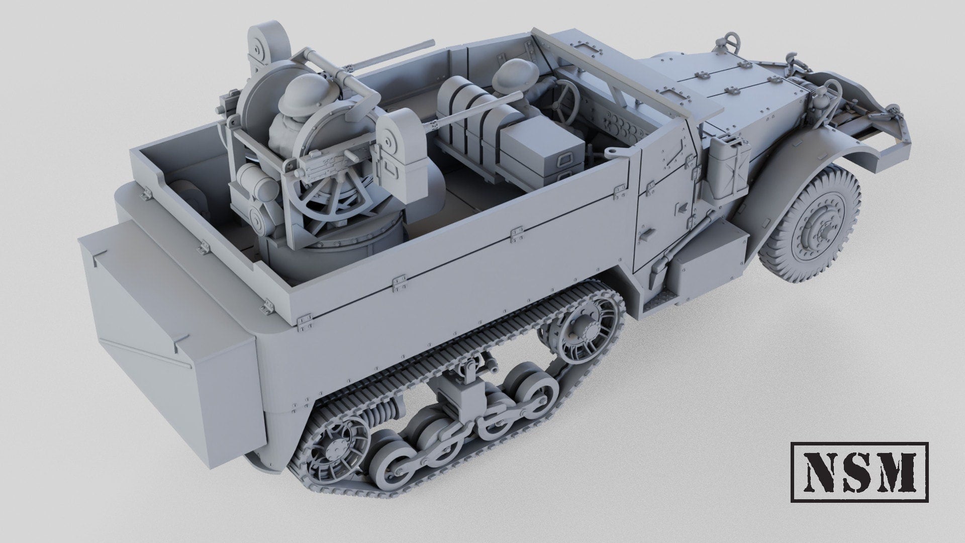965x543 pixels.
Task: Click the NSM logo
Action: [x=859, y=472]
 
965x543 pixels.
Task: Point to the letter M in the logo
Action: [x=901, y=472]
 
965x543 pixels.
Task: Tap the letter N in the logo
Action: [x=819, y=472]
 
